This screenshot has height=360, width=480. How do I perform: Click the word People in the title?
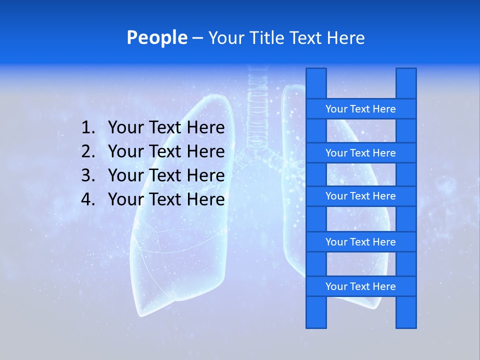pos(157,38)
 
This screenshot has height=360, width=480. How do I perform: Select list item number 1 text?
pos(166,128)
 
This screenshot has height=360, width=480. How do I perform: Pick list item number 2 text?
pos(166,151)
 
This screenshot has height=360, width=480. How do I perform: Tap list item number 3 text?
pos(166,175)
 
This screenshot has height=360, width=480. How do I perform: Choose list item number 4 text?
pos(166,199)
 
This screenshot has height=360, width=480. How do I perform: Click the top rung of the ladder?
pos(360,109)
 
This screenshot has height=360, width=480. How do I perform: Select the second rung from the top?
pos(360,153)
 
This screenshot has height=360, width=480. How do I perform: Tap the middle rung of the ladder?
pos(360,196)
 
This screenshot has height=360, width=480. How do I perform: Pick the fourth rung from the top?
pos(360,242)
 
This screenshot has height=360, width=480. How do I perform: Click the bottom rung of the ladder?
pos(360,286)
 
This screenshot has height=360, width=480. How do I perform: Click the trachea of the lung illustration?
pos(258,105)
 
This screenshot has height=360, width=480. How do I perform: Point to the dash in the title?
pos(197,38)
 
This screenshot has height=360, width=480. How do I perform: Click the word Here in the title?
pos(347,38)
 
